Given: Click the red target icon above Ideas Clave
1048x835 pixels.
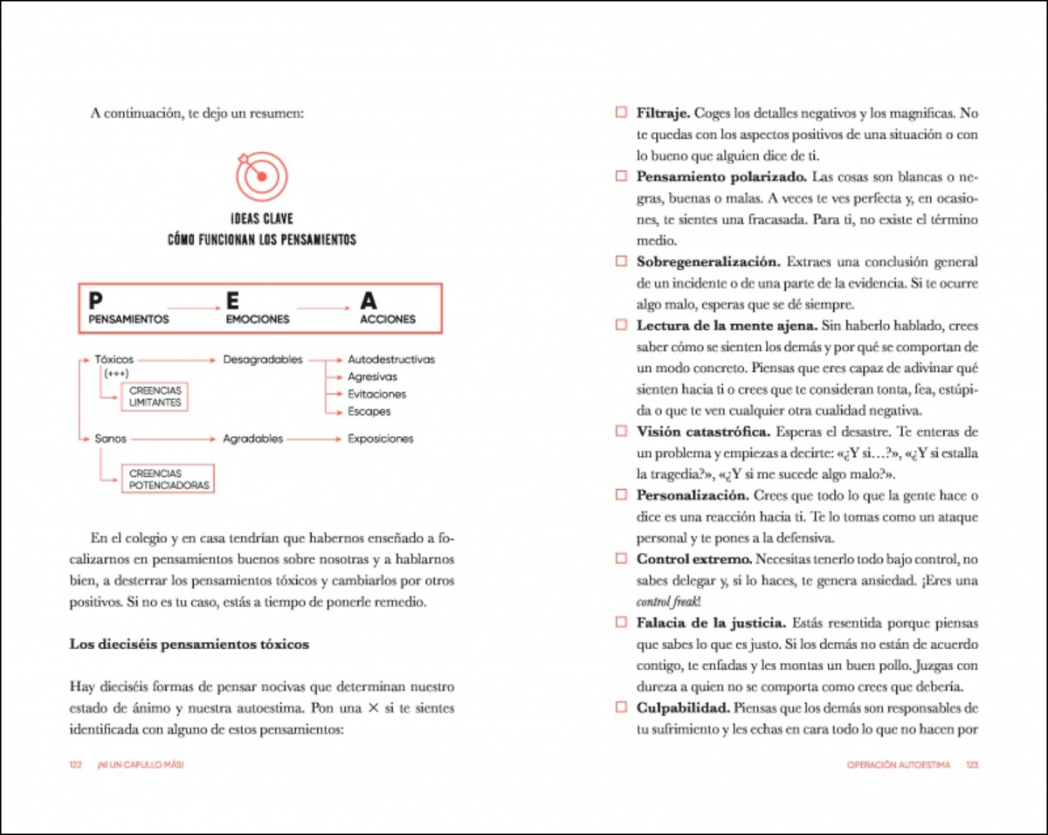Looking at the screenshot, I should pos(260,176).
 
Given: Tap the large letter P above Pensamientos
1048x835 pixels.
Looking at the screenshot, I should pos(95,300).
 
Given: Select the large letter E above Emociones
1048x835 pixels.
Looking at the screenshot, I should pos(232,300).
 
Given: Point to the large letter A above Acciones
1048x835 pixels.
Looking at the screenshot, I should pos(369,300).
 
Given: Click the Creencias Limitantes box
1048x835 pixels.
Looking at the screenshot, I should pos(155,397).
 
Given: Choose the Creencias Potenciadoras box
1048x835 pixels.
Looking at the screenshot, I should pos(169,479).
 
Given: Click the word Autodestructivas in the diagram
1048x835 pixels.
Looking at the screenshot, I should pos(390,359).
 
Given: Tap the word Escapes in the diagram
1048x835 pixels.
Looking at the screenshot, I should pos(369,411).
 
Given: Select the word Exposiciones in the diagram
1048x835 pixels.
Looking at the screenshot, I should pos(380,438).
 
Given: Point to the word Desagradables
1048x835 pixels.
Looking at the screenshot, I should pos(262,359).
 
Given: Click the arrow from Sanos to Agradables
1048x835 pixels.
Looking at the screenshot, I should pos(175,438).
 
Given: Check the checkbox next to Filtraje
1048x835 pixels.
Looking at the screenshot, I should pos(621,113).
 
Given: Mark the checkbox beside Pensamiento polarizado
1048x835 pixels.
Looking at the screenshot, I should pos(621,176).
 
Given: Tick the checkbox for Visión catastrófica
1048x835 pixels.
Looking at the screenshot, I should pos(621,431).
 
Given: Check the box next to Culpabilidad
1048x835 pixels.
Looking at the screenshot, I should pos(621,707).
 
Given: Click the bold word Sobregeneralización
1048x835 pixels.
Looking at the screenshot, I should pos(707,261).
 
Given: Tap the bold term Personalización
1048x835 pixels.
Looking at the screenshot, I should pos(692,495).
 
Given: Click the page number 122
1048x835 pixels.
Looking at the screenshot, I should pos(75,764).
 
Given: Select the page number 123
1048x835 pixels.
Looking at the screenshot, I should pos(971,764).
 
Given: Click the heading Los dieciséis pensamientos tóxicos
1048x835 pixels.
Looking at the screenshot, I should pos(189,645).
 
